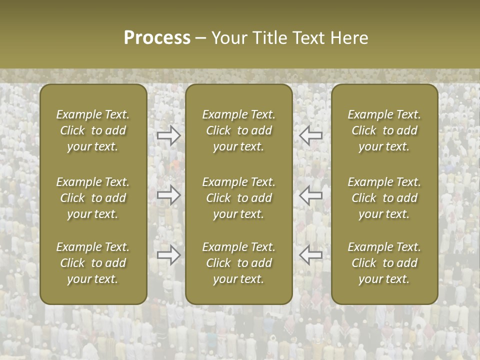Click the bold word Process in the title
pyautogui.click(x=157, y=38)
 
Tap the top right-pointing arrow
pyautogui.click(x=168, y=135)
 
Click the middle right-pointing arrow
pyautogui.click(x=168, y=195)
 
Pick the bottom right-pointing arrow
pyautogui.click(x=168, y=255)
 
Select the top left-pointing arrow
pyautogui.click(x=310, y=135)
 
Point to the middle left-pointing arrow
pyautogui.click(x=310, y=195)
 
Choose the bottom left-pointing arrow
pyautogui.click(x=310, y=255)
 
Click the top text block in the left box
pyautogui.click(x=93, y=130)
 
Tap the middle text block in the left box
pyautogui.click(x=93, y=198)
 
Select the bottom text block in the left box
pyautogui.click(x=93, y=263)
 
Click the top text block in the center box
pyautogui.click(x=238, y=130)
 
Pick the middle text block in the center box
pyautogui.click(x=238, y=198)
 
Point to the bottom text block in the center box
pyautogui.click(x=238, y=263)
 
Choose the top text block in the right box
pyautogui.click(x=384, y=130)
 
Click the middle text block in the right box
pyautogui.click(x=384, y=198)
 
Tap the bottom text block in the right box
pyautogui.click(x=384, y=263)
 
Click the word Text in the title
pyautogui.click(x=309, y=38)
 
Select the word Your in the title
pyautogui.click(x=227, y=38)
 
